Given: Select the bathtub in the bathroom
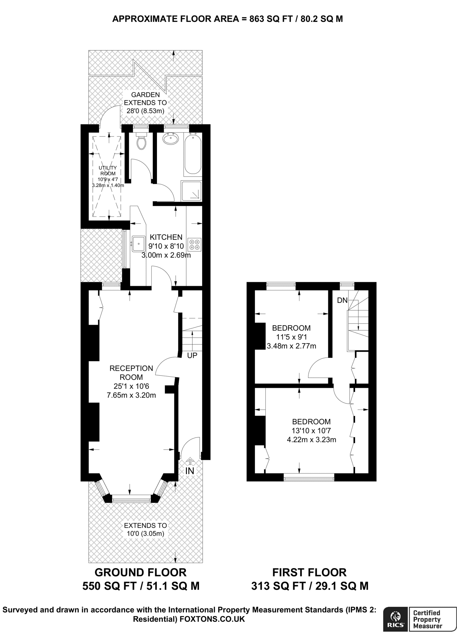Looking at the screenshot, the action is tap(193, 153).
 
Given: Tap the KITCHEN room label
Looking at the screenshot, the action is tap(166, 237).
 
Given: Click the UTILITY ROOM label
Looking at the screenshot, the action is tap(108, 171).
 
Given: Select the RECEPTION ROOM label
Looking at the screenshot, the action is tap(131, 372).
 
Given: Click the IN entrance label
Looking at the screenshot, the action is tap(190, 470).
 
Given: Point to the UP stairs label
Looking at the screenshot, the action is tap(192, 355).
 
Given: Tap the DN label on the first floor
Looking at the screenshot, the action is tap(342, 300).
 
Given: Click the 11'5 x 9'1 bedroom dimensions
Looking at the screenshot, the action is tap(291, 337).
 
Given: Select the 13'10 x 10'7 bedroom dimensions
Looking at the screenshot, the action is tap(311, 431).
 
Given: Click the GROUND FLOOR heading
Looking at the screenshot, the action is tap(141, 572).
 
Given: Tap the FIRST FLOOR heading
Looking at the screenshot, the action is tap(309, 572).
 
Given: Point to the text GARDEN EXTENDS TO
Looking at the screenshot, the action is tap(145, 99).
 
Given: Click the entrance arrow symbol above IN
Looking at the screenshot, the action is tap(190, 462).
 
